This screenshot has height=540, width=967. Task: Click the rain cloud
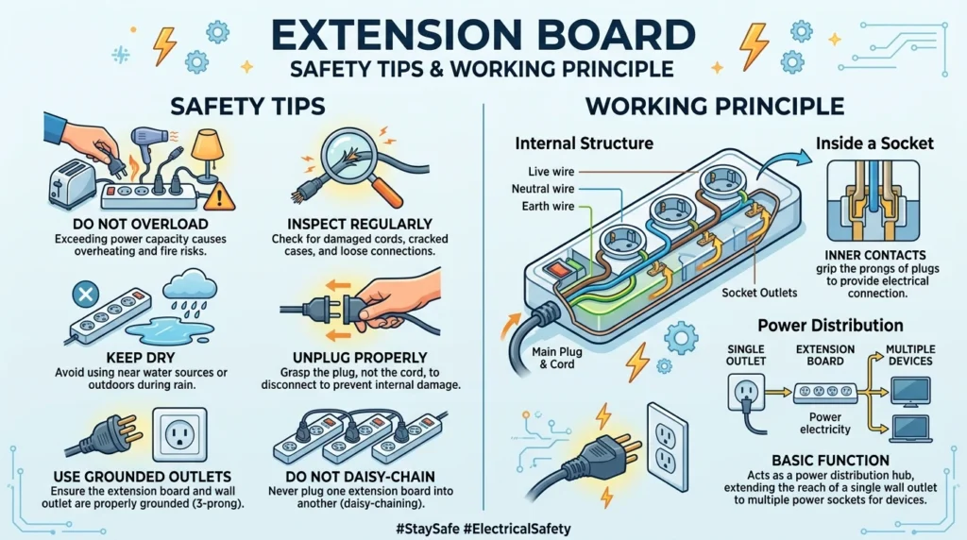click(x=189, y=286)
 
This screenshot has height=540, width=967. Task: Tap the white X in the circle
click(x=86, y=294)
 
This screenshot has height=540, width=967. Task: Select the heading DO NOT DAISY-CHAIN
click(x=360, y=477)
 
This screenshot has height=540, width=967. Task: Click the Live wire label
click(x=551, y=172)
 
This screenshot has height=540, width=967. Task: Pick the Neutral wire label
click(x=543, y=189)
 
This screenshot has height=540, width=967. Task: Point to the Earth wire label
click(x=548, y=206)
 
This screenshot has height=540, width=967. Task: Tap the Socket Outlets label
click(x=759, y=293)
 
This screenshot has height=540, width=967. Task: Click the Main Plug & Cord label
click(x=557, y=358)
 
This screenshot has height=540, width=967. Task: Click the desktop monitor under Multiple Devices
click(x=910, y=392)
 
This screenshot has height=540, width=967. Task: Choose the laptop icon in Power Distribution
click(x=911, y=429)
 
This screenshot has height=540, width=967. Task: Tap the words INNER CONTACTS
click(x=875, y=255)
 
